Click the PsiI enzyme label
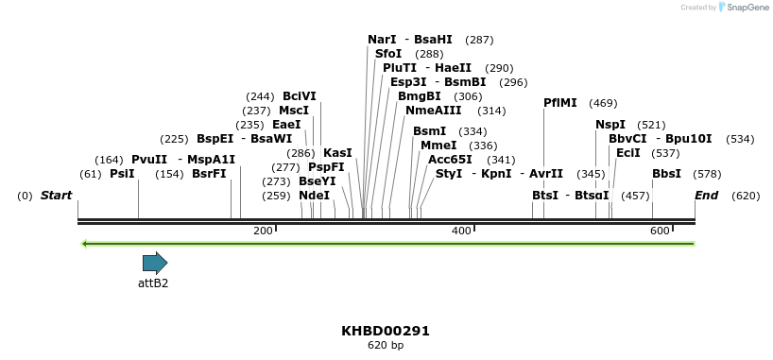122,174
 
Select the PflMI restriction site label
560,103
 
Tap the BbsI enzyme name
666,174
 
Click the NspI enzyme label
610,125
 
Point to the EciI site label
627,152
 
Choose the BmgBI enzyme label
419,96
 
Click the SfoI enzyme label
388,54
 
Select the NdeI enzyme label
314,196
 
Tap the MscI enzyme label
294,111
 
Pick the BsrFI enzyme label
209,174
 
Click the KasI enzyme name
337,152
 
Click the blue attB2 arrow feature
154,263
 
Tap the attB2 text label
153,283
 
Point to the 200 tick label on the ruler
263,231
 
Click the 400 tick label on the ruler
461,231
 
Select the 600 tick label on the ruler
660,231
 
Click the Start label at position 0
56,196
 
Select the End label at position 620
707,196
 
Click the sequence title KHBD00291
386,331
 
